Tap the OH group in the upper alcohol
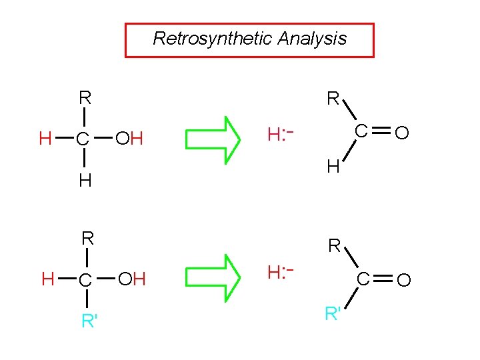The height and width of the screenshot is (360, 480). pyautogui.click(x=129, y=139)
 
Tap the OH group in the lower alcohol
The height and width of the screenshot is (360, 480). pyautogui.click(x=131, y=279)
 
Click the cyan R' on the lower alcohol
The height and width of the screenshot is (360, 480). pyautogui.click(x=89, y=321)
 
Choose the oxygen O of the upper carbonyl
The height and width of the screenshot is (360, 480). pyautogui.click(x=401, y=135)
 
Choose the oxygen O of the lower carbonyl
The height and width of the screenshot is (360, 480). pyautogui.click(x=403, y=280)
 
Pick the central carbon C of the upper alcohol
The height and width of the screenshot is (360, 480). pyautogui.click(x=82, y=140)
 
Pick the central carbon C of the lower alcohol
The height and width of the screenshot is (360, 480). pyautogui.click(x=85, y=280)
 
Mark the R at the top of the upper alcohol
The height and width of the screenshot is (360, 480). pyautogui.click(x=85, y=98)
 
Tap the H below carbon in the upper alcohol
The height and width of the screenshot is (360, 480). pyautogui.click(x=85, y=181)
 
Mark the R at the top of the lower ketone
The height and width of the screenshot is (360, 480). pyautogui.click(x=334, y=247)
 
